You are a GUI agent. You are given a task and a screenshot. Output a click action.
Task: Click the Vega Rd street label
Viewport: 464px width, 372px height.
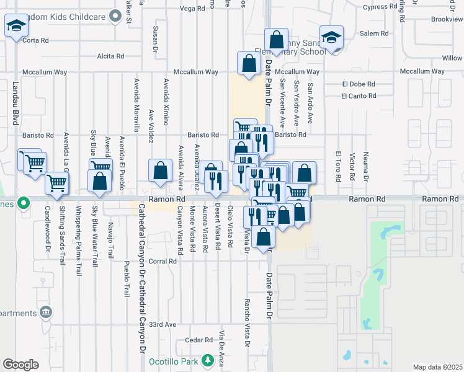[192, 9]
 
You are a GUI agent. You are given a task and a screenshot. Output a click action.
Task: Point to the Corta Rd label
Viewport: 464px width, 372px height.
[35, 40]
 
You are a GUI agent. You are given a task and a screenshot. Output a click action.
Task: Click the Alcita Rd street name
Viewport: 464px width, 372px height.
[111, 56]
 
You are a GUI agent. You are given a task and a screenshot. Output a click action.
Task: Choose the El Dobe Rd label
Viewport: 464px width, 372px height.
[359, 84]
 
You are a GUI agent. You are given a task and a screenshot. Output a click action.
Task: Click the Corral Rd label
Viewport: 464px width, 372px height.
[163, 262]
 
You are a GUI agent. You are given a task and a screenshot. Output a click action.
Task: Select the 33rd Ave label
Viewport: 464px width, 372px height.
[163, 324]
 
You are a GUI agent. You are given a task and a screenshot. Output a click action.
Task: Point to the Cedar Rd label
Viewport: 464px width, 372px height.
[199, 340]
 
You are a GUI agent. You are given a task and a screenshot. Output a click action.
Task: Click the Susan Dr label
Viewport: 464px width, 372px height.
[155, 39]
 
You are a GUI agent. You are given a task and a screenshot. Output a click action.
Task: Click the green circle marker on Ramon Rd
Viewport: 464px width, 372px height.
[24, 202]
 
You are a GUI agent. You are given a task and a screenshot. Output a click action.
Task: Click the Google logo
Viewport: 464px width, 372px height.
[20, 365]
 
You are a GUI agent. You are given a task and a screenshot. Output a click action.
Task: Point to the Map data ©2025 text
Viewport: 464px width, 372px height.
[437, 367]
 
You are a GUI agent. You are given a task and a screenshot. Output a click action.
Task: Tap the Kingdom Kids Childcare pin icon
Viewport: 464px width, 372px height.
[115, 15]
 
